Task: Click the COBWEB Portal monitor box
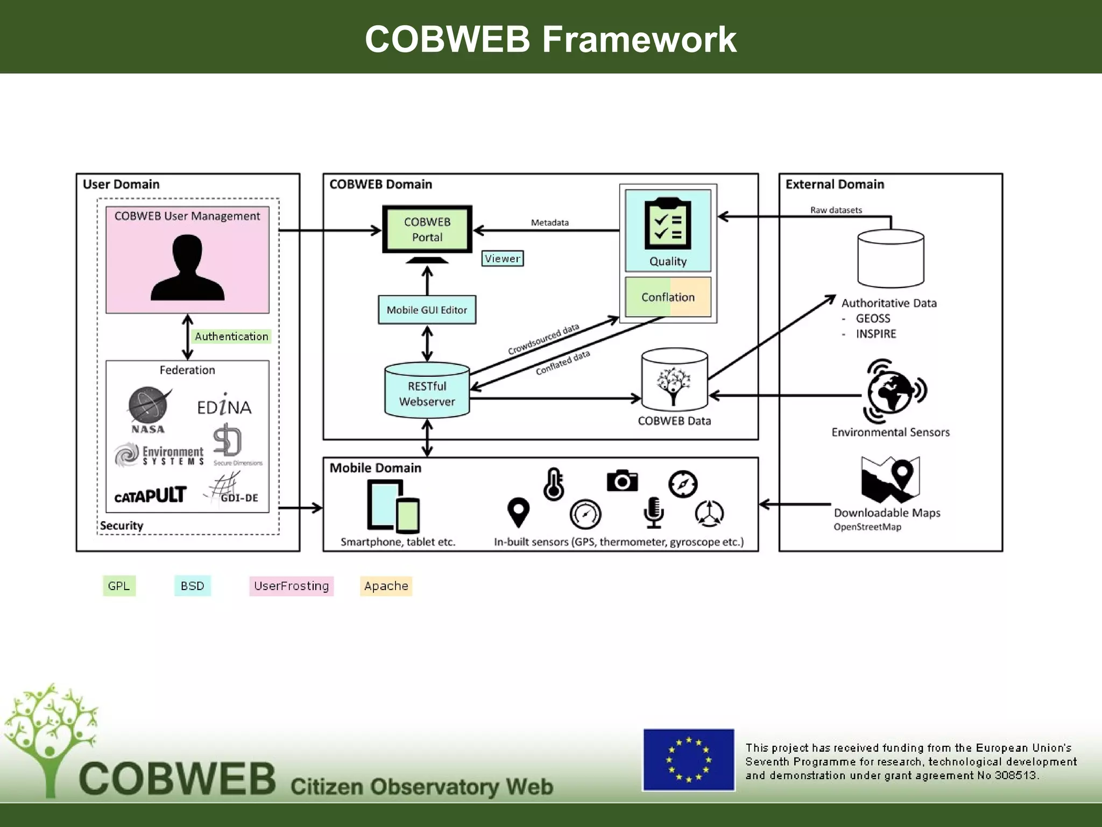tap(427, 229)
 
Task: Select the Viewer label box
tap(502, 258)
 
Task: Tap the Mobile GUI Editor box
tap(427, 310)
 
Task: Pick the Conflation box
tap(668, 297)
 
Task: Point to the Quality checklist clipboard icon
tap(668, 224)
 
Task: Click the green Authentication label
tap(231, 337)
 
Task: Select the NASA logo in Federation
tap(148, 409)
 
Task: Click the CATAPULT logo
tap(150, 495)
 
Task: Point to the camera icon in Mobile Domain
tap(622, 480)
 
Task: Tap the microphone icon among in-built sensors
tap(653, 512)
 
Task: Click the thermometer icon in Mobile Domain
tap(554, 484)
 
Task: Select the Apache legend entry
tap(386, 586)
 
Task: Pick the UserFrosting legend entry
tap(291, 586)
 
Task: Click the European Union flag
tap(688, 760)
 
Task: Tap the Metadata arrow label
tap(549, 222)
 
